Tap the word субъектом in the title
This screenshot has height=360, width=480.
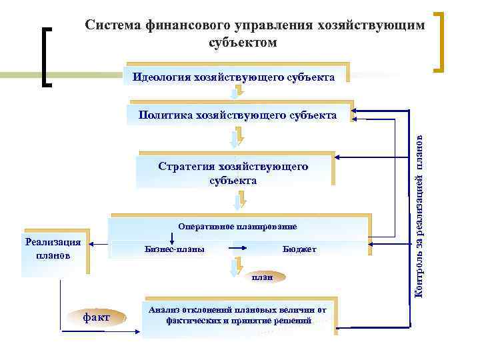[x=242, y=42]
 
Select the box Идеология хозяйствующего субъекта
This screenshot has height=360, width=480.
[x=234, y=77]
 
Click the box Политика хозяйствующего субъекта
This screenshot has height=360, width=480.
[x=237, y=115]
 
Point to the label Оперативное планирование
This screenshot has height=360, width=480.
[x=237, y=226]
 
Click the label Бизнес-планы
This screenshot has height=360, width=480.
[x=175, y=249]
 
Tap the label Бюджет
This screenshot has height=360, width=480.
[x=299, y=249]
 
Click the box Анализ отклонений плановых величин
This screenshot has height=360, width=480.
[x=238, y=315]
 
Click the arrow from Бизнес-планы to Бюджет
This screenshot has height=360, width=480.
[x=238, y=249]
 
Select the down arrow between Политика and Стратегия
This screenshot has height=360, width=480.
[x=234, y=139]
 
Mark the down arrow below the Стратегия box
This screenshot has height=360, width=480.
[x=242, y=197]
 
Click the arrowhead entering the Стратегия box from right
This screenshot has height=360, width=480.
[x=339, y=158]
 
